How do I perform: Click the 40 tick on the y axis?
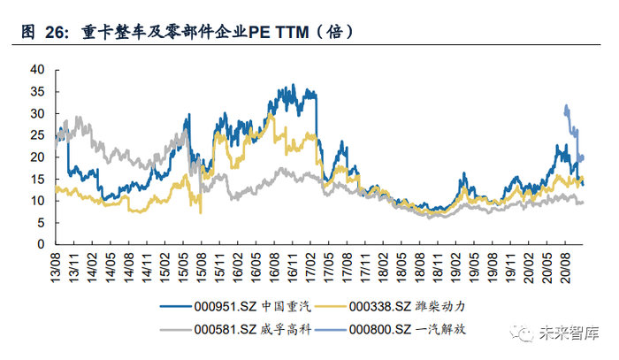pos(37,69)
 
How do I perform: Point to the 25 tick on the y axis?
pos(37,134)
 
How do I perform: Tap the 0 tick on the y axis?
pos(41,244)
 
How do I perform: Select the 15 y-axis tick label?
pos(37,179)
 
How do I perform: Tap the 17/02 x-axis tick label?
pos(310,264)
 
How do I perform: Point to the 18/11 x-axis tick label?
pos(436,264)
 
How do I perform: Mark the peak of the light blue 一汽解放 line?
pos(565,106)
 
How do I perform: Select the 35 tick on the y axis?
pos(37,91)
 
